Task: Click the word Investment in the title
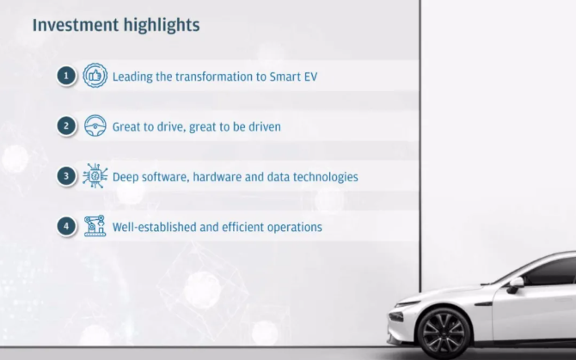76,25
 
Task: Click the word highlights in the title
162,26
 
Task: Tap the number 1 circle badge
66,76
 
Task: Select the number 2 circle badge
66,126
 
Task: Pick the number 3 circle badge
66,176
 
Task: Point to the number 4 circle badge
66,226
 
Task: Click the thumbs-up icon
95,76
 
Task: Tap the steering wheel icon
95,125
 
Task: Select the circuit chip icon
95,176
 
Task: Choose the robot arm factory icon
95,226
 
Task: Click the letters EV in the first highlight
310,76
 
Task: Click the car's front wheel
444,333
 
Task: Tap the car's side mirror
515,284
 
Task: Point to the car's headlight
395,316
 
